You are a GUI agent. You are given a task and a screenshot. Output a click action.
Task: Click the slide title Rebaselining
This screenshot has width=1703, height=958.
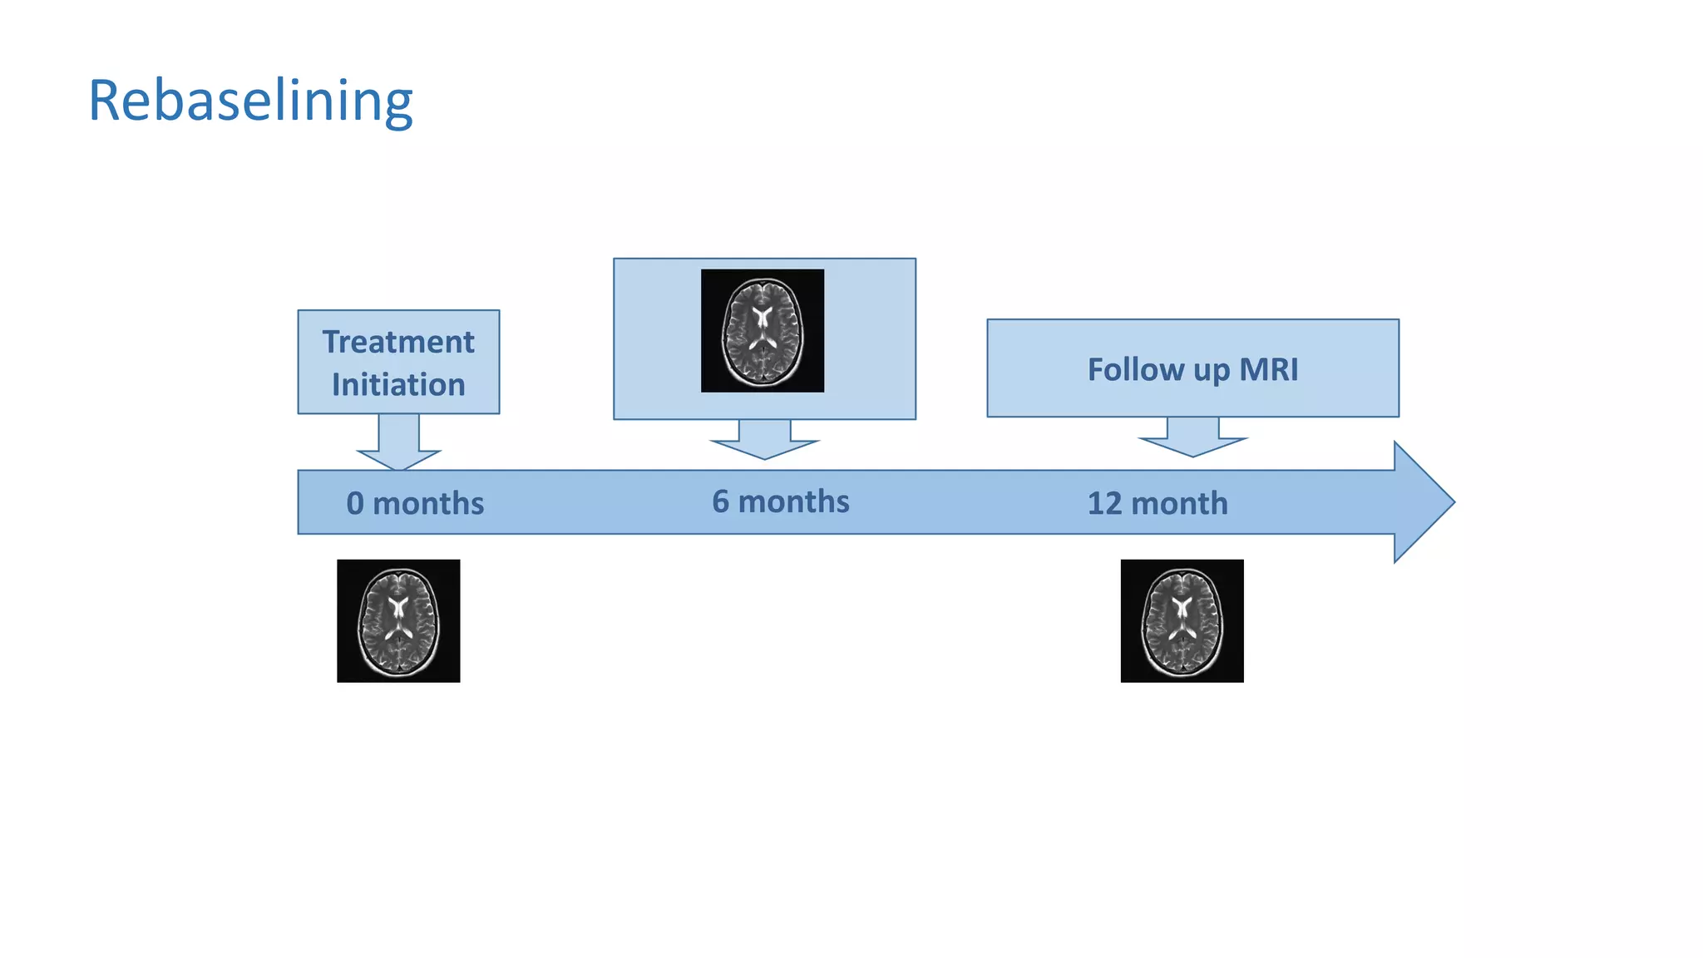pos(250,101)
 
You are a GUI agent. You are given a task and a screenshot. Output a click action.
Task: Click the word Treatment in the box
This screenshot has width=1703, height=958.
pos(398,342)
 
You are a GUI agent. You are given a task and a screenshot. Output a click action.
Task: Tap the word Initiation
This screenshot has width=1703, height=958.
pos(398,385)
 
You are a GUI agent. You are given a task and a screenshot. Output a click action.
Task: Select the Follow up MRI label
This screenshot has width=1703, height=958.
pos(1192,369)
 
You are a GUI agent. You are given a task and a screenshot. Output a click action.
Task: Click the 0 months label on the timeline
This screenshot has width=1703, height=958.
pos(415,503)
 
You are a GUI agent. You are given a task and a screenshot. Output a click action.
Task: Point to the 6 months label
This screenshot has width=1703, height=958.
pos(780,501)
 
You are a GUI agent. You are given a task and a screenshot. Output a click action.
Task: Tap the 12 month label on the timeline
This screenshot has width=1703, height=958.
pos(1157,503)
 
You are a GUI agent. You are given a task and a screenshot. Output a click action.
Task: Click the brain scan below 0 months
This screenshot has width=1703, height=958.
pos(398,621)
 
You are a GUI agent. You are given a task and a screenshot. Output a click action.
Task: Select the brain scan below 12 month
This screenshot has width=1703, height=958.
pos(1182,621)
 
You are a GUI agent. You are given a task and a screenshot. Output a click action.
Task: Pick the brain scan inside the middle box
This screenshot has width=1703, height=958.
pos(763,330)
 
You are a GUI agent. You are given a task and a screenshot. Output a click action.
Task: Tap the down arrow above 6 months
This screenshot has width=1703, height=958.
pos(764,442)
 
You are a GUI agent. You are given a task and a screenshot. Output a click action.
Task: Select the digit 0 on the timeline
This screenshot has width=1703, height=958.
pos(355,503)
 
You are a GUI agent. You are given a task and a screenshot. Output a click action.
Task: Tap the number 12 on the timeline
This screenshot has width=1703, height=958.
pos(1104,503)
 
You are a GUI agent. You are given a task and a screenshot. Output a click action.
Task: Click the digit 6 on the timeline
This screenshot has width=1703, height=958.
pos(720,501)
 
